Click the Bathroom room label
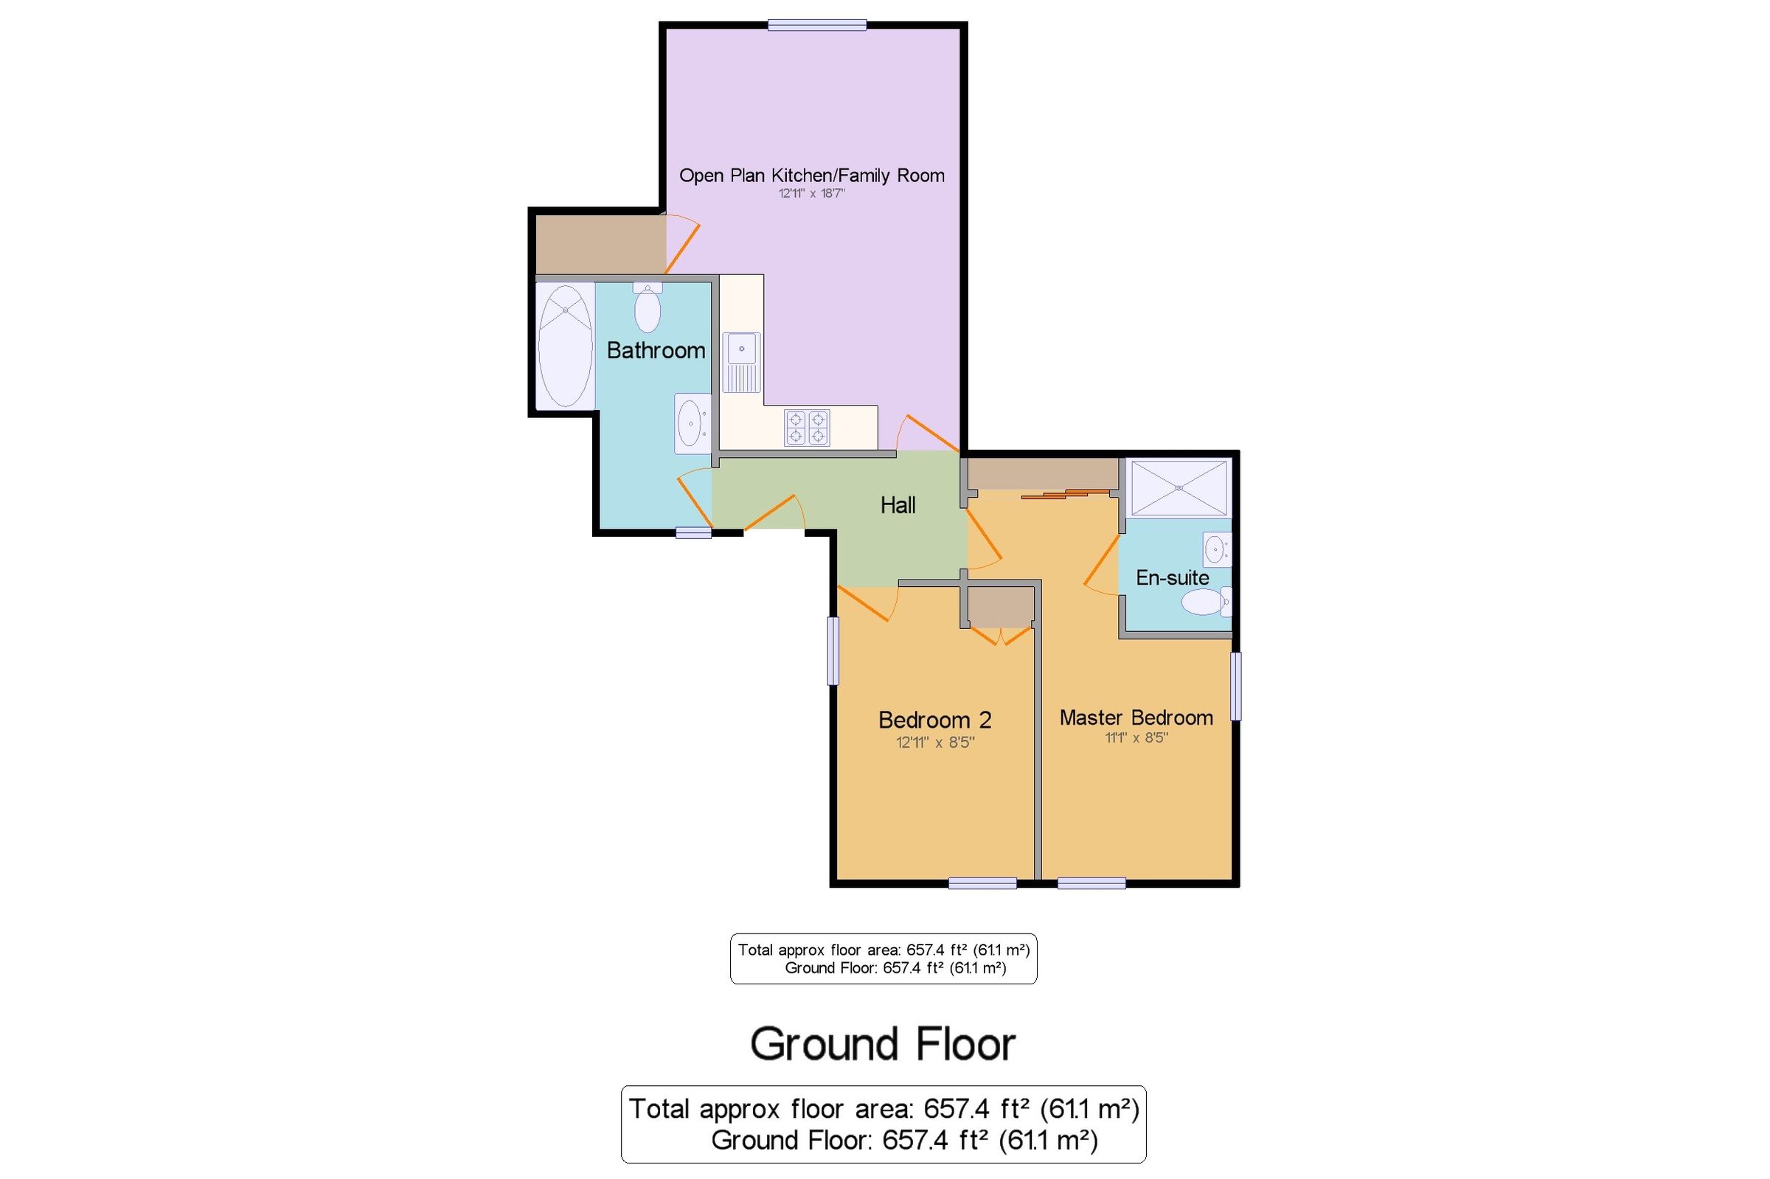(655, 350)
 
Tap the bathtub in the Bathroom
(565, 346)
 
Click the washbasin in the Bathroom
(691, 424)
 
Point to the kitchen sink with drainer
(741, 363)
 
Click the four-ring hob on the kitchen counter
(807, 427)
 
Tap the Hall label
(897, 505)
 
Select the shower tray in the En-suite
(1179, 488)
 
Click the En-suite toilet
(1205, 602)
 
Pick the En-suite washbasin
(1216, 549)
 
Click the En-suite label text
(1171, 577)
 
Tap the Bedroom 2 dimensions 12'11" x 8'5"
(934, 743)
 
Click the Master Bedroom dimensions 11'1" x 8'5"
(1136, 737)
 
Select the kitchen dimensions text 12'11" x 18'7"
(811, 193)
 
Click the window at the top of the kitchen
(816, 26)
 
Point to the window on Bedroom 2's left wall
(833, 650)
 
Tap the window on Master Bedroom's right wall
(1235, 686)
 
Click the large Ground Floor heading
(883, 1043)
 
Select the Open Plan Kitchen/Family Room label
(811, 175)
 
